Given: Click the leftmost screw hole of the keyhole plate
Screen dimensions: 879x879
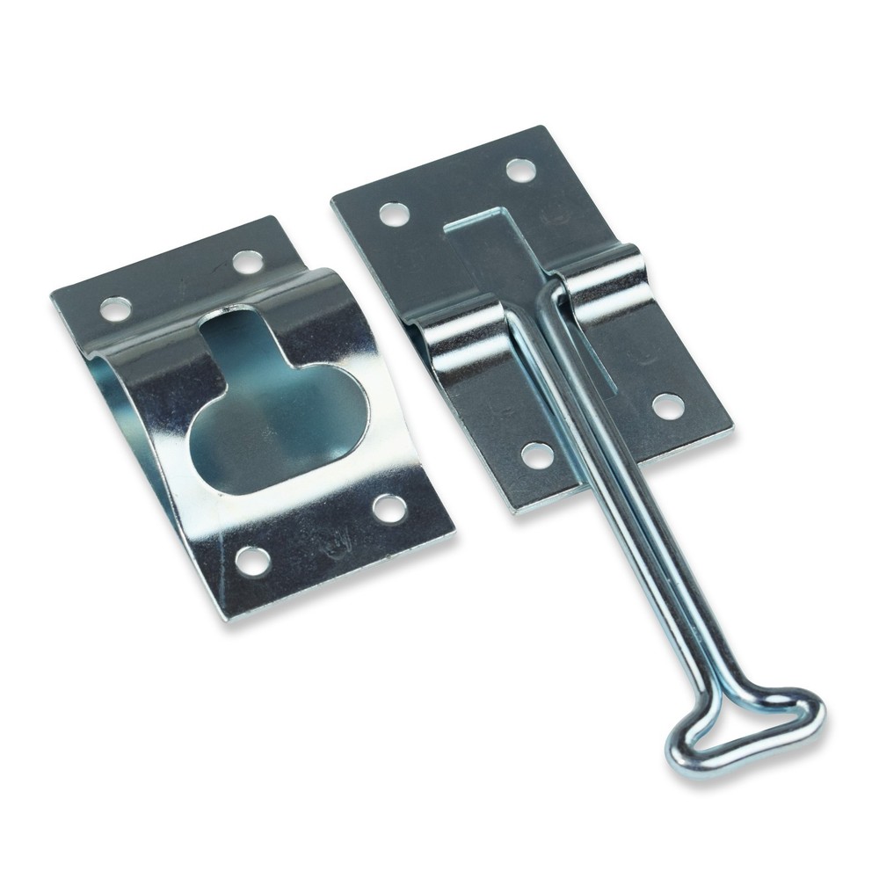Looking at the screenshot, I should click(x=115, y=308).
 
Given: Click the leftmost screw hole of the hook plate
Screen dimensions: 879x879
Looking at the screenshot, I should click(x=392, y=212).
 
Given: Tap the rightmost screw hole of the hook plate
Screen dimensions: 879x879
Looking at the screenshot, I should click(x=667, y=405).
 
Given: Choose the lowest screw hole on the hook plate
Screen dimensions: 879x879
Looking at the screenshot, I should click(x=537, y=454).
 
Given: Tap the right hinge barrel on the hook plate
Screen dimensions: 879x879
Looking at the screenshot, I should click(x=607, y=281).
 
